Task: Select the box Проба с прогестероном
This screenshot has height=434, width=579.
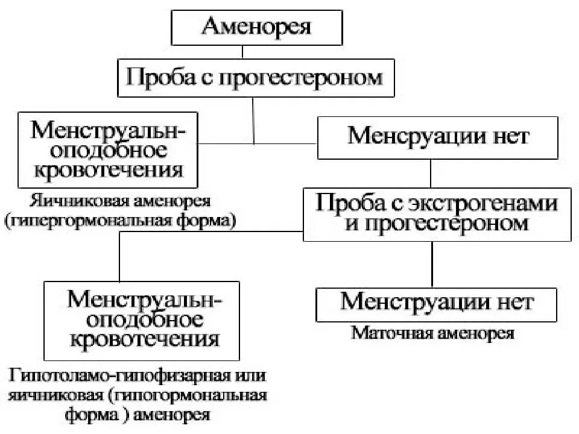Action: pos(256,78)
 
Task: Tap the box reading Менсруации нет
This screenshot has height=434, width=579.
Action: pos(438,137)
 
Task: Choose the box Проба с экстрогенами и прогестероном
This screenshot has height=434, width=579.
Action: pos(438,213)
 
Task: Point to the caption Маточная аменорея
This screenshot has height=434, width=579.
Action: pos(433,333)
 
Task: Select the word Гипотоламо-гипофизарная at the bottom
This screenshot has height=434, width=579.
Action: pos(118,376)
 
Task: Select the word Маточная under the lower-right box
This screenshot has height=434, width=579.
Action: pos(386,333)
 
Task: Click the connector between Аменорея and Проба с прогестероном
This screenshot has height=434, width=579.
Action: pos(242,52)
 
